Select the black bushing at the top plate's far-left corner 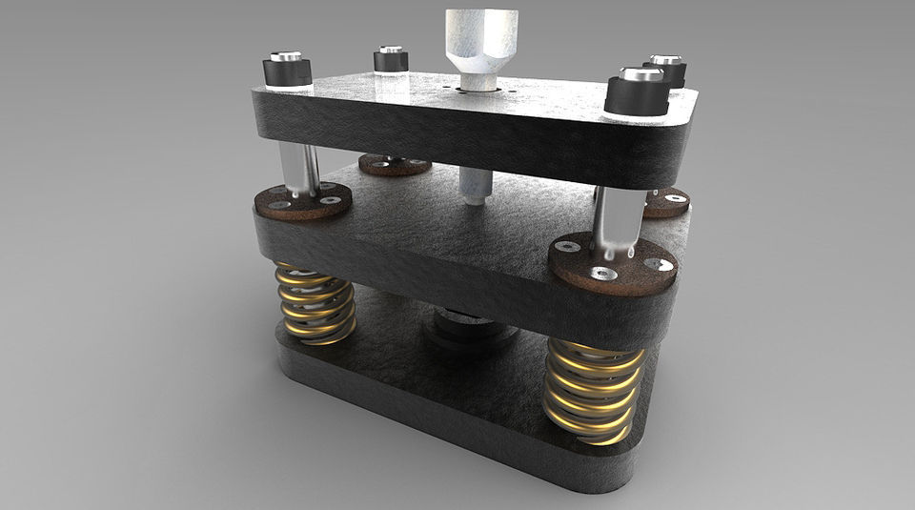point(391,61)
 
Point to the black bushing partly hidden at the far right point(670,71)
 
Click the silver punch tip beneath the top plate point(474,186)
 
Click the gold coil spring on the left point(315,303)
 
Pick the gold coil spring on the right point(593,389)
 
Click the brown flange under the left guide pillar point(302,201)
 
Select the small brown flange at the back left point(395,165)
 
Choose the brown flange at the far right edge point(666,201)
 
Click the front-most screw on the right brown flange point(600,274)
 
